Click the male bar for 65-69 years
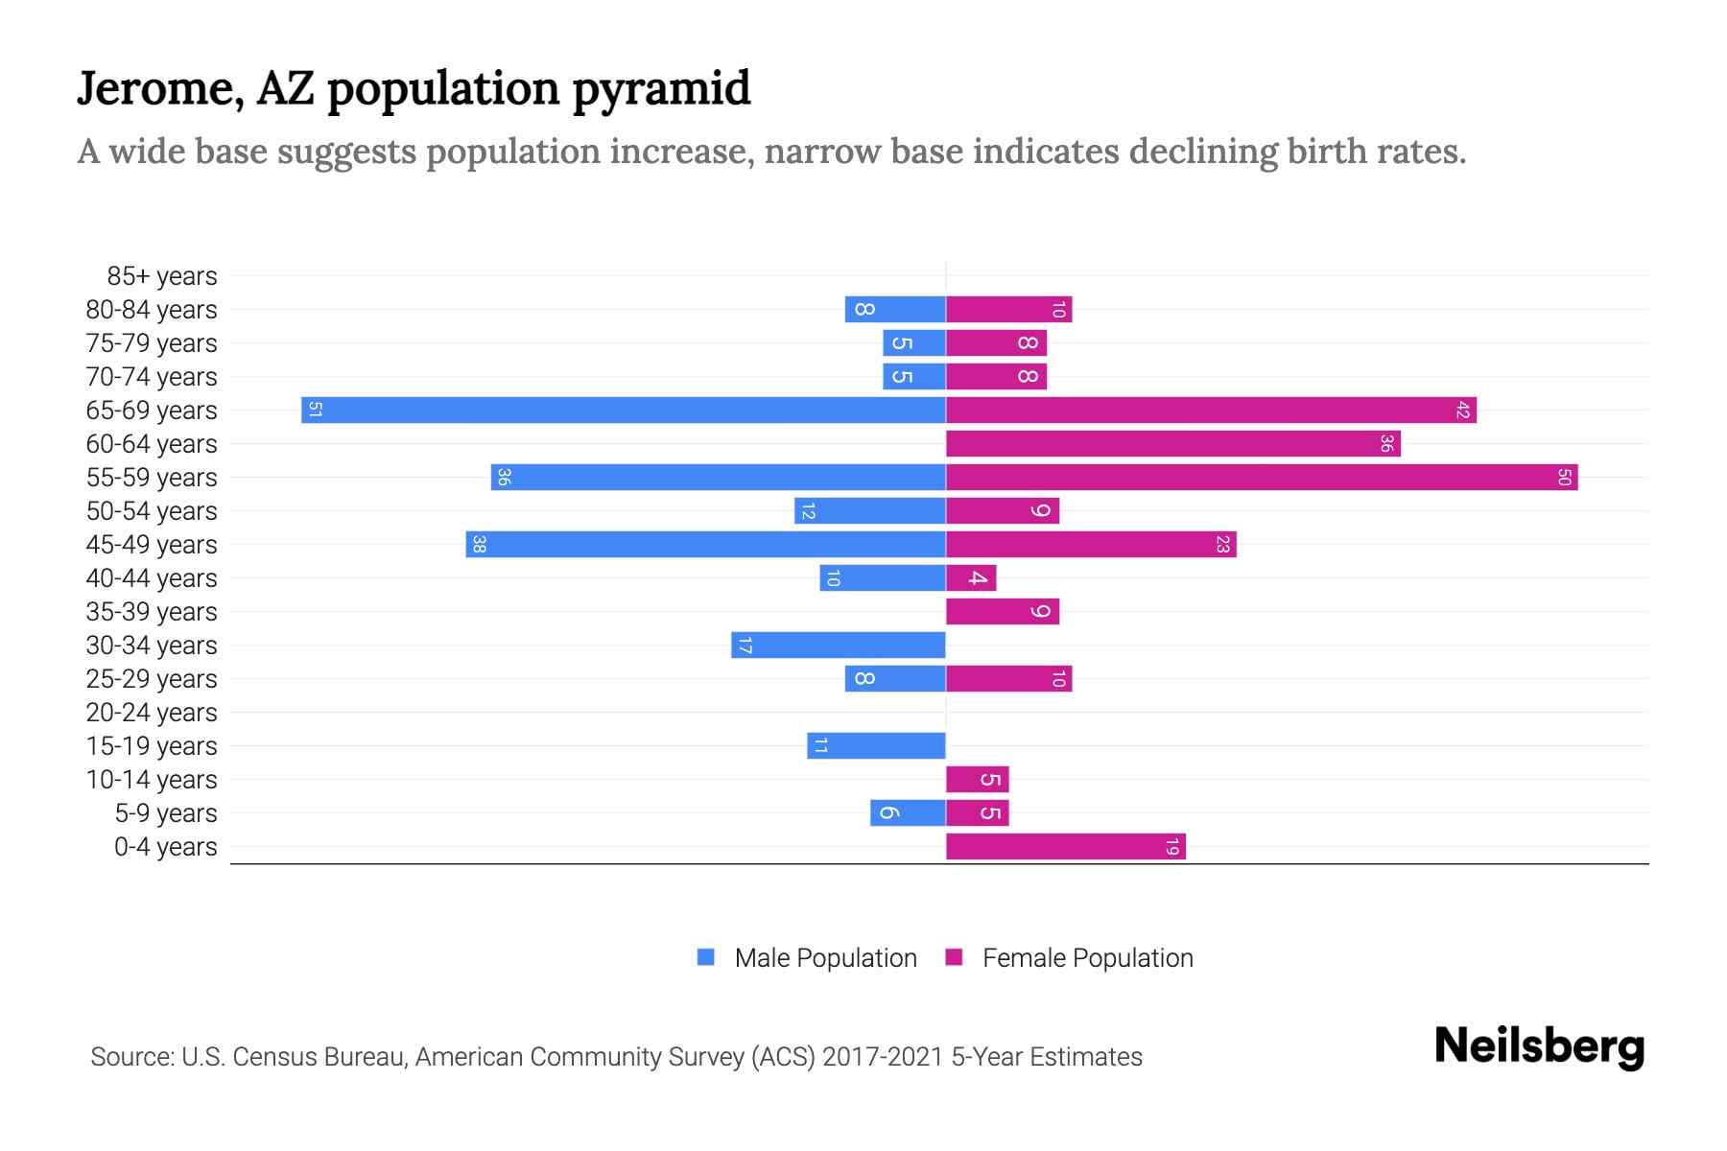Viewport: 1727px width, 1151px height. pos(624,411)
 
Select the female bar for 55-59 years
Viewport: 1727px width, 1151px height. pos(1262,478)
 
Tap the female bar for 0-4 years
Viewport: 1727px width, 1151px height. pos(1065,847)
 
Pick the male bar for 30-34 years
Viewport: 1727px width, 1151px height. pos(839,646)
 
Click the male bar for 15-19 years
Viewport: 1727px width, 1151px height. pos(876,746)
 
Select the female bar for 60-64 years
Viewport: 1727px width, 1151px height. pos(1172,444)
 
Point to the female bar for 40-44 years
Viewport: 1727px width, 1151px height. pos(971,578)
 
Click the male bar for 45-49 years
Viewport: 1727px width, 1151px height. pos(706,545)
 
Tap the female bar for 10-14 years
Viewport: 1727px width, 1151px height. pos(977,780)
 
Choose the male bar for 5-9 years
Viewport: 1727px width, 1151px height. pos(908,813)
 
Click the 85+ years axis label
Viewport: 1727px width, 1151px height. pos(162,276)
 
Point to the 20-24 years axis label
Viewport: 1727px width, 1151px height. pos(152,713)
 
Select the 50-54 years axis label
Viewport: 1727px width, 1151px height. pos(152,511)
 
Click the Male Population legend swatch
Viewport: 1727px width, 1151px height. pos(706,957)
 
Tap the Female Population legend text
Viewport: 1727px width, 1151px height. pos(1087,958)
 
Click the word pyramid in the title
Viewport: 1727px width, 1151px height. pos(661,90)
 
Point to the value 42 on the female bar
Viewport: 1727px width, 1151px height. pos(1462,411)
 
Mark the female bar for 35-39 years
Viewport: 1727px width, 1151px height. pos(1003,612)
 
